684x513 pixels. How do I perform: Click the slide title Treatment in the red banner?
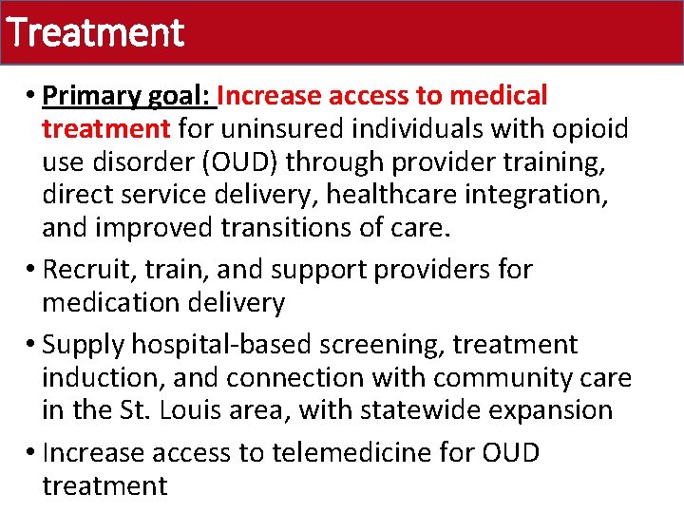point(93,33)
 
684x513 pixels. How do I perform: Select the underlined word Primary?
point(95,97)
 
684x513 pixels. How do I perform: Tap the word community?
point(497,377)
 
